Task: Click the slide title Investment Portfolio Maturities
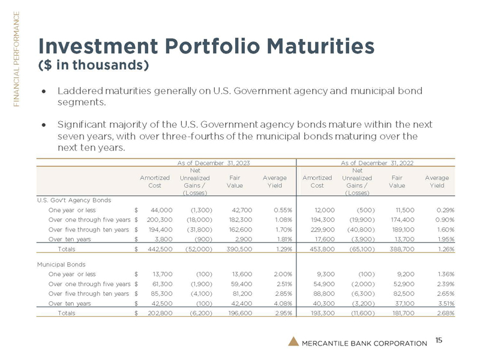coord(206,45)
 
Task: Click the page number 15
coord(439,340)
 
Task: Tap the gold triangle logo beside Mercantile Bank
coord(292,341)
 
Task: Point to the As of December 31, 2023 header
coord(214,162)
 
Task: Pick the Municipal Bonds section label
coord(61,263)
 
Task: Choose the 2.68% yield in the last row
coord(441,313)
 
